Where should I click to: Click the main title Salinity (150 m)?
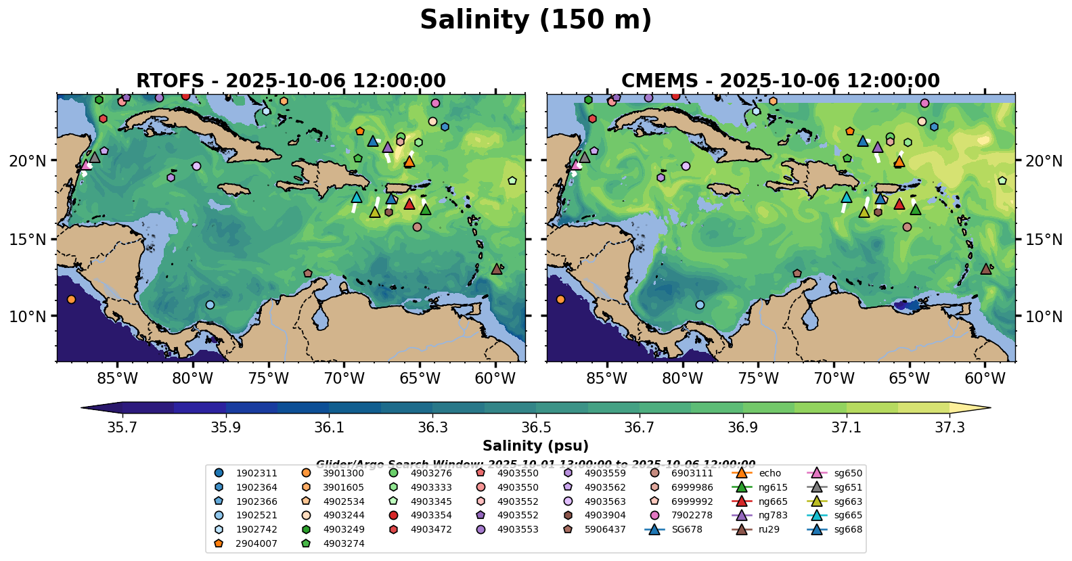535,20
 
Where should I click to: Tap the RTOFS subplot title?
291,81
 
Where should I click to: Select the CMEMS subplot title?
780,81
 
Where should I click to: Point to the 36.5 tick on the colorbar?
536,427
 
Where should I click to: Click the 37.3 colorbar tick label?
950,427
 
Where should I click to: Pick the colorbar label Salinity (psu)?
535,446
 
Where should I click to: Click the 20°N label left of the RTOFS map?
28,161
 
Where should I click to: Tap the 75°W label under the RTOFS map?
268,378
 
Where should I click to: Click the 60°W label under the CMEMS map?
985,378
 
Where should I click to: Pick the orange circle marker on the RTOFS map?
71,299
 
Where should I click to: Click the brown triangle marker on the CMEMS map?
986,269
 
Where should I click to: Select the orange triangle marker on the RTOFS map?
409,162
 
